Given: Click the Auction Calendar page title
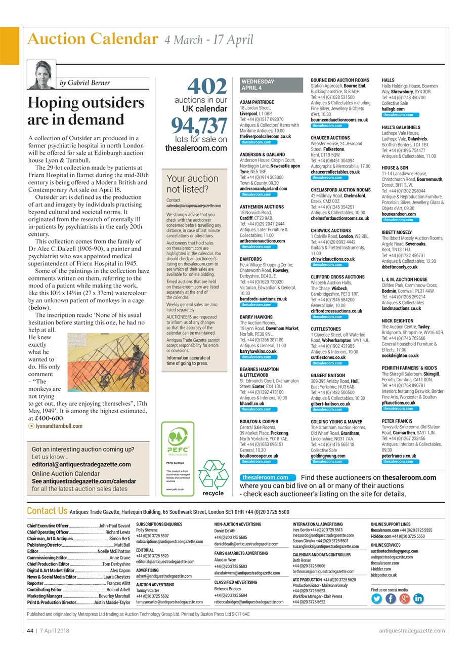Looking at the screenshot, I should click(x=92, y=39).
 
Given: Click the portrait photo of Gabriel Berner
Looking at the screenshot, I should click(x=41, y=75).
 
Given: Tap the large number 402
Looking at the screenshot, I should click(x=207, y=86).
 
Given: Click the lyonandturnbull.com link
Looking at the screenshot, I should click(x=59, y=426).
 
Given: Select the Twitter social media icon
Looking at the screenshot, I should click(x=376, y=598).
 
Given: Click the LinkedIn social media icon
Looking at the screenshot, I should click(x=418, y=598).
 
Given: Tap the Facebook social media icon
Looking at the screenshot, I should click(x=391, y=598).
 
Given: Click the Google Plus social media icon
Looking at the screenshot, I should click(x=404, y=598).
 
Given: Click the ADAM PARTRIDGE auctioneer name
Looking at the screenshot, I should click(x=256, y=102).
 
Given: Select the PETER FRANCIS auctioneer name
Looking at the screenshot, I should click(x=397, y=421).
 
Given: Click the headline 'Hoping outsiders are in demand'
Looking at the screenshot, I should click(x=85, y=111).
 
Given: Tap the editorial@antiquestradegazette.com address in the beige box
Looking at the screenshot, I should click(x=81, y=464).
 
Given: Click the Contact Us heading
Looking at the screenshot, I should click(x=47, y=511).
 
